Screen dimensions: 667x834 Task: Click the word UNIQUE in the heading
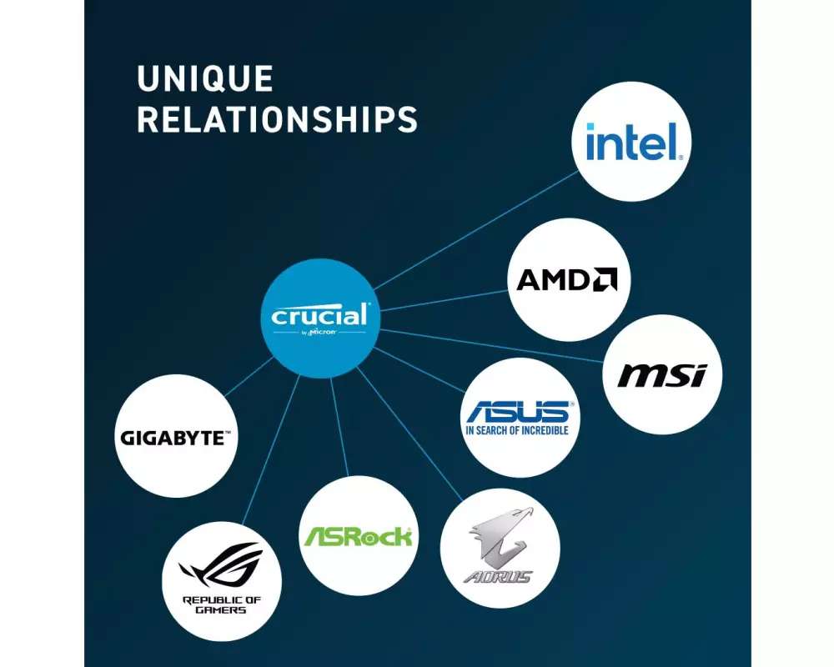(x=205, y=79)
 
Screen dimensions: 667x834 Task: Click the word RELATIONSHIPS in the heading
(x=277, y=119)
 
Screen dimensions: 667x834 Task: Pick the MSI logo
(x=661, y=376)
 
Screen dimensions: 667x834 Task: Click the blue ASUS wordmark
(x=518, y=411)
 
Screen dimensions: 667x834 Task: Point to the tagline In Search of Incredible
(x=517, y=430)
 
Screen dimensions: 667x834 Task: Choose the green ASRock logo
(x=357, y=536)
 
